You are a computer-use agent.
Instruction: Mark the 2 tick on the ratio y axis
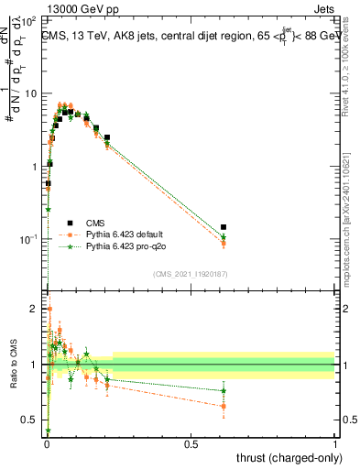coord(38,309)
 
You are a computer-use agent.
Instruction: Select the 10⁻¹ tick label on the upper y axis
coord(31,239)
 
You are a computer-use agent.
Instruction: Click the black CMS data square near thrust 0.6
coord(224,226)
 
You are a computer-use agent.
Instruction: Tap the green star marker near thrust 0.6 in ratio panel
coord(224,391)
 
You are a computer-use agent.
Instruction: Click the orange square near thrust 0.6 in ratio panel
coord(224,406)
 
